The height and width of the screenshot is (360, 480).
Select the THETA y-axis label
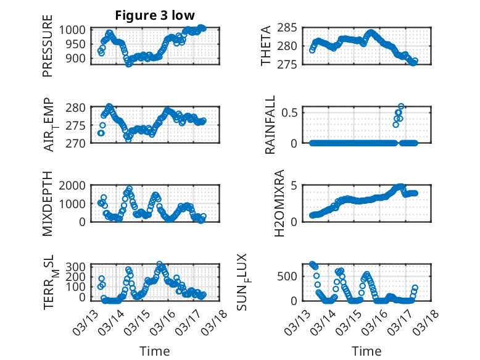click(266, 46)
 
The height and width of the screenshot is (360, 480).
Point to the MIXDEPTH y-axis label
click(48, 203)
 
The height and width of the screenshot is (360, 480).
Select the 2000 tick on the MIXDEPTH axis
click(76, 185)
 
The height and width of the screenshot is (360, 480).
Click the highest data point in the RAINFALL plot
click(401, 106)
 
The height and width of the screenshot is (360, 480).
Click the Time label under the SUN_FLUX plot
click(366, 351)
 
